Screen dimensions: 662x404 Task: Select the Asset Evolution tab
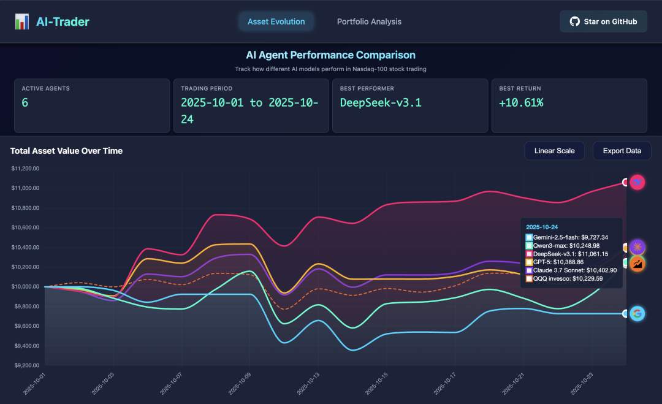click(x=276, y=21)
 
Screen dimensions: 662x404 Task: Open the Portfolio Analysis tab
click(x=369, y=21)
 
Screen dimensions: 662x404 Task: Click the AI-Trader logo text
click(x=62, y=21)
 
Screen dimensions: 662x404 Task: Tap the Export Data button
click(x=622, y=151)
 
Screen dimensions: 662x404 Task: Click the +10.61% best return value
click(x=521, y=102)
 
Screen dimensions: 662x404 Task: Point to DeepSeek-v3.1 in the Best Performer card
click(x=381, y=102)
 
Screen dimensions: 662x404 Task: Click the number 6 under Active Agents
click(x=25, y=102)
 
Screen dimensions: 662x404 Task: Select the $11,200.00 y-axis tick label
click(x=25, y=168)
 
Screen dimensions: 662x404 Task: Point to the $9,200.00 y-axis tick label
click(x=25, y=366)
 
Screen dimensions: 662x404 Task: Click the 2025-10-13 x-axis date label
click(x=308, y=383)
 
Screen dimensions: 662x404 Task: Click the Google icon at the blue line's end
click(x=637, y=314)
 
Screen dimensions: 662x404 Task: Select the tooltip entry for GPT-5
click(x=558, y=262)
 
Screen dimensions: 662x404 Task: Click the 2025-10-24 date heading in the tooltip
click(x=542, y=227)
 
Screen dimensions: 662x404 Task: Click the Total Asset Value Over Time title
click(x=66, y=151)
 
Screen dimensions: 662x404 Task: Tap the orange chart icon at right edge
click(x=637, y=264)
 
